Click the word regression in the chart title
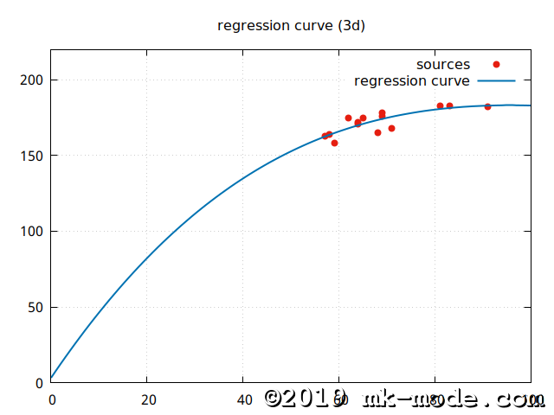[x=251, y=26]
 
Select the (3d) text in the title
[x=350, y=26]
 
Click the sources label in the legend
[x=442, y=65]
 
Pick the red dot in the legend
[x=496, y=65]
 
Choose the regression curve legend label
[x=412, y=81]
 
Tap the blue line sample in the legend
[x=496, y=81]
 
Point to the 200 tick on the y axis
[x=34, y=80]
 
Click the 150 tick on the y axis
[x=34, y=156]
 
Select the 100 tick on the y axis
[x=34, y=232]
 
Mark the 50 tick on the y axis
[x=37, y=307]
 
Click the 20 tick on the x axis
[x=147, y=400]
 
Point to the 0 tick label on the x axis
[x=51, y=400]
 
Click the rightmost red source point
[x=487, y=106]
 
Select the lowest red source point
[x=334, y=143]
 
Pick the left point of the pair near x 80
[x=440, y=105]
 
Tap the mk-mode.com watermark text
[x=454, y=399]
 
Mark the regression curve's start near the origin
[x=53, y=377]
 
